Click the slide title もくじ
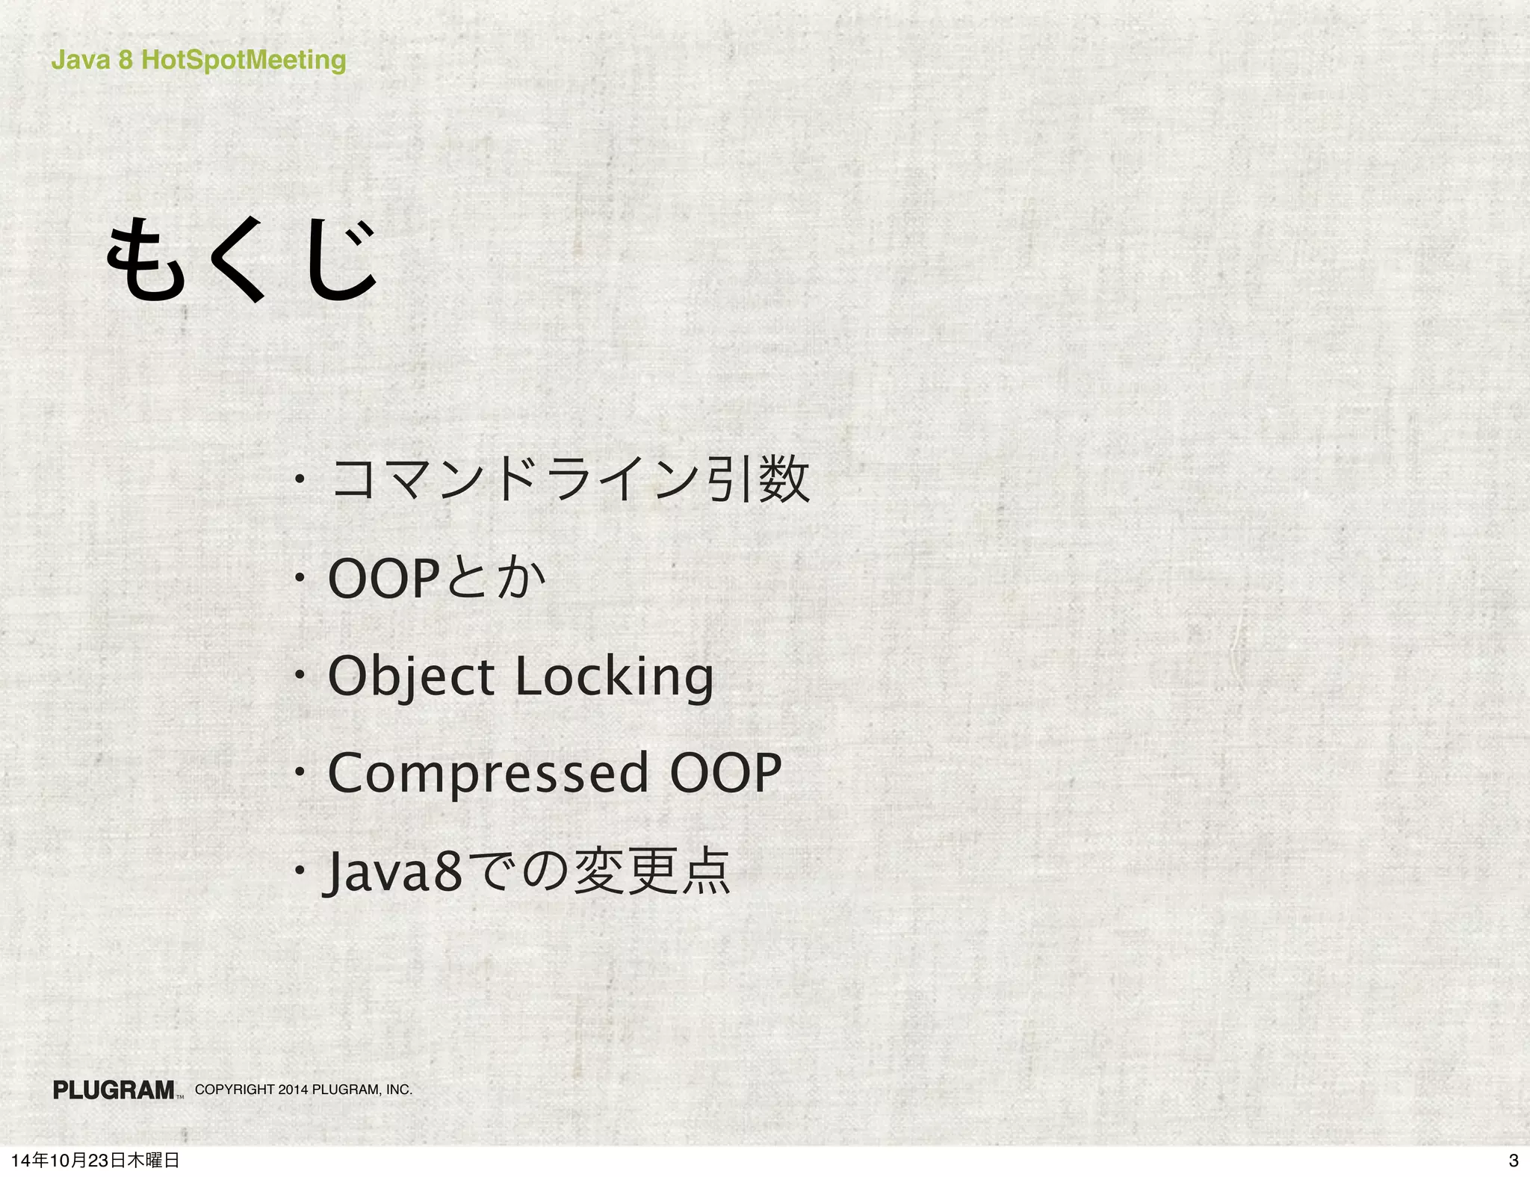tap(241, 258)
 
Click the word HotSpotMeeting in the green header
tap(244, 60)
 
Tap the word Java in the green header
tap(80, 60)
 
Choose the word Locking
tap(615, 677)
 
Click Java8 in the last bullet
tap(393, 872)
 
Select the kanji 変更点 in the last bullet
tap(651, 871)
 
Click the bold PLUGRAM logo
tap(114, 1090)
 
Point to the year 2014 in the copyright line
tap(293, 1090)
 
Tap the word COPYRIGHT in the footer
tap(235, 1090)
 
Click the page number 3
tap(1514, 1161)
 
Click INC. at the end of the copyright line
tap(399, 1090)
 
